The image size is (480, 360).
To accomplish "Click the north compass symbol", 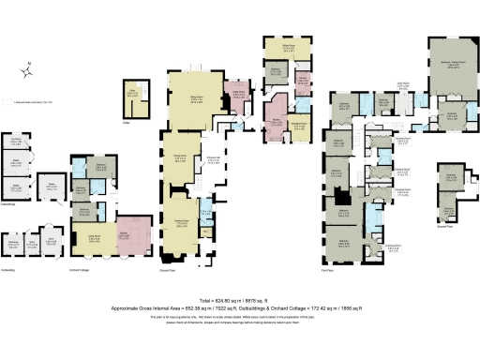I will coord(29,68).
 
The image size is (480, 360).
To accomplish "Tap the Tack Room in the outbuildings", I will coord(18,145).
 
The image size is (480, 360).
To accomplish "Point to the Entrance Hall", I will coord(213,160).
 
